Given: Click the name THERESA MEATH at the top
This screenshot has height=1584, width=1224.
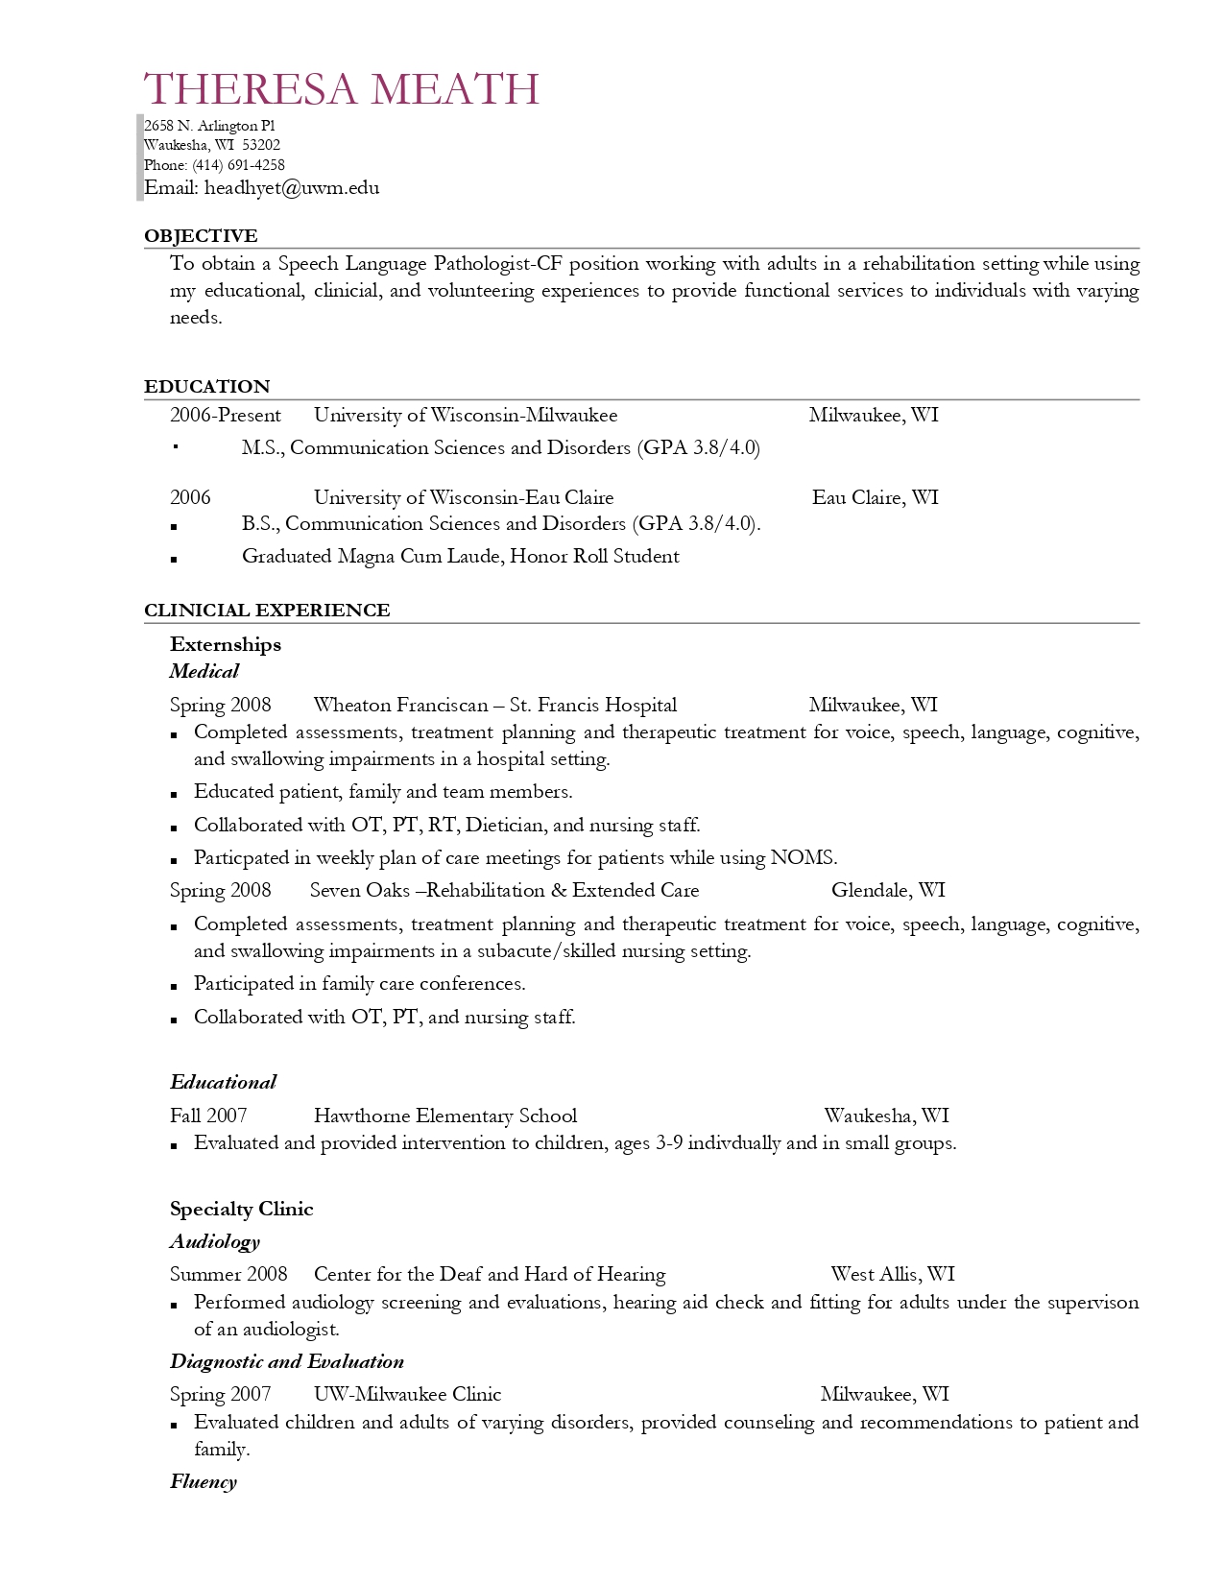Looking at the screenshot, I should pos(342,89).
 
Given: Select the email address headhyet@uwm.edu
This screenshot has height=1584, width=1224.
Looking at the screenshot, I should pos(292,188).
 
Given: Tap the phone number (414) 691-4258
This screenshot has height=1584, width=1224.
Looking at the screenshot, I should pos(238,165).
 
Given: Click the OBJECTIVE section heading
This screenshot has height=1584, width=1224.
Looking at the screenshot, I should pos(201,236).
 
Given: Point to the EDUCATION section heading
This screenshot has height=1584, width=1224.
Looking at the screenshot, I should pos(207,387).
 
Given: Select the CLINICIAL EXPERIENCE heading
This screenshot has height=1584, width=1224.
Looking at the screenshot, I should pos(267,611).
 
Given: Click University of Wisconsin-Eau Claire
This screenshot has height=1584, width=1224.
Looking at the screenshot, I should pos(464,497).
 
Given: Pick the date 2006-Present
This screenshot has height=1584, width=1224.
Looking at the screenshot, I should pos(226,416).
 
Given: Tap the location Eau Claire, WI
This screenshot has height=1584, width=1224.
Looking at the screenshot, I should pos(875,497).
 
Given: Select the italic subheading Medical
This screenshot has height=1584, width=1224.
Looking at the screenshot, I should pos(204,672).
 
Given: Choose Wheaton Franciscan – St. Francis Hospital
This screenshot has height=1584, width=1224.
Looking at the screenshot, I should pos(494,706).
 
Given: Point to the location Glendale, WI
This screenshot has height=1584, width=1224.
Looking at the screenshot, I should pos(888,891).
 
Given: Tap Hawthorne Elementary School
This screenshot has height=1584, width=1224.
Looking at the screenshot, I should pos(445,1116).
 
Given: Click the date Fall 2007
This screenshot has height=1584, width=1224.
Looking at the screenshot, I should pos(208,1116).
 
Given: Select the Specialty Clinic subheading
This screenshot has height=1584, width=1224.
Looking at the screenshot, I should pos(242,1210).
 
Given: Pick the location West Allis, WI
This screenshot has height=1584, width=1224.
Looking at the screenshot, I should pos(893,1275).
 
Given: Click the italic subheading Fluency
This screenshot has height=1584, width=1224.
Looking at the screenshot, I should pos(204,1482).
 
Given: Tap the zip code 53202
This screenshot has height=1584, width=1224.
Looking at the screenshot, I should pos(261,146).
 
